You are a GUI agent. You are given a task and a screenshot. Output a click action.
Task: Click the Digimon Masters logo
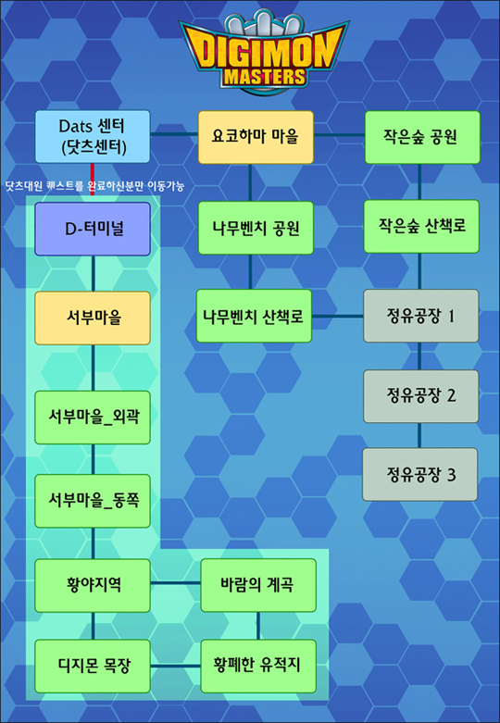click(x=263, y=53)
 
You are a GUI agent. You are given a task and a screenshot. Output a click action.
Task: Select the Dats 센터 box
click(x=93, y=136)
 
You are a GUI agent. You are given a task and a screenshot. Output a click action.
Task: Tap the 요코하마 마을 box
click(x=256, y=137)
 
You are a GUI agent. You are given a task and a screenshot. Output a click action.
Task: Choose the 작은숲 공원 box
click(x=422, y=137)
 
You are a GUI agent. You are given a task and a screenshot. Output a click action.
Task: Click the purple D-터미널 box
click(x=93, y=230)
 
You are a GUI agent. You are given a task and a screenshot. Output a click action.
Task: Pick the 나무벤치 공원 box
click(x=256, y=228)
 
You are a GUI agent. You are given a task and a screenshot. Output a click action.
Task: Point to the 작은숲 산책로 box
click(x=421, y=227)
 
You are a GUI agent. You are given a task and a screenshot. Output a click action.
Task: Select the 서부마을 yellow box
click(x=93, y=318)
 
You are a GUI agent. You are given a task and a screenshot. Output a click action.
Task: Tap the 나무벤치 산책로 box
click(x=254, y=316)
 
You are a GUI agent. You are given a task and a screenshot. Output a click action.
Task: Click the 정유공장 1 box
click(x=421, y=316)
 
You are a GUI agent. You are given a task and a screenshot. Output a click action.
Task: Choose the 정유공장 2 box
click(x=421, y=396)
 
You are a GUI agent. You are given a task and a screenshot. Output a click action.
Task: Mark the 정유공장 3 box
click(x=420, y=475)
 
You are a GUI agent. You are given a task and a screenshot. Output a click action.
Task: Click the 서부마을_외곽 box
click(x=93, y=418)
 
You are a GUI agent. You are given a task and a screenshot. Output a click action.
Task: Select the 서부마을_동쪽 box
click(x=93, y=501)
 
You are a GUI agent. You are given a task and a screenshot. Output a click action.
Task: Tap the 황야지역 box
click(x=93, y=586)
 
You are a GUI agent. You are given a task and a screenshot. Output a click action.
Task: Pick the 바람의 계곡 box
click(x=258, y=585)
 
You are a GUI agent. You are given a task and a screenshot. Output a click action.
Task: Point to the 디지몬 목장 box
click(x=93, y=667)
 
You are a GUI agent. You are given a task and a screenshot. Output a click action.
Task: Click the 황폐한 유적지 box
click(x=258, y=667)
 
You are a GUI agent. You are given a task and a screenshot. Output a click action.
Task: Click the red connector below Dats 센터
click(x=93, y=180)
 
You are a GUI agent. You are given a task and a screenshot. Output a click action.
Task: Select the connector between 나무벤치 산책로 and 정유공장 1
click(x=338, y=317)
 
